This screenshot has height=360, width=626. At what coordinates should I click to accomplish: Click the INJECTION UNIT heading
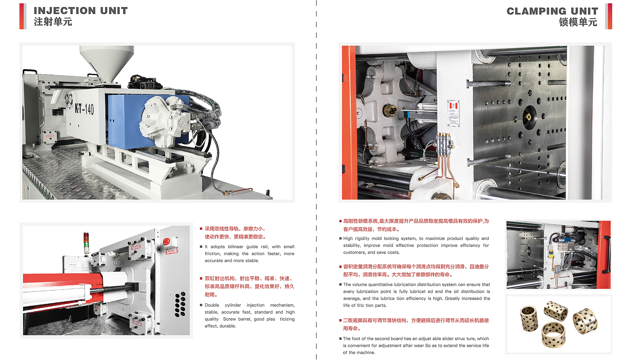(x=81, y=11)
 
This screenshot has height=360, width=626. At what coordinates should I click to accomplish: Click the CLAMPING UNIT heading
(x=552, y=11)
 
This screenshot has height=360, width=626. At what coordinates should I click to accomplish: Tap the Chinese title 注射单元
(x=53, y=22)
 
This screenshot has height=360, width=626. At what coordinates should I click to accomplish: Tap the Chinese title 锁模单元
(x=578, y=22)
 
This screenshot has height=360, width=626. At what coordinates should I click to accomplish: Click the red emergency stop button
(x=167, y=241)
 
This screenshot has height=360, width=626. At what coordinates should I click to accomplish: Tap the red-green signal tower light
(x=86, y=242)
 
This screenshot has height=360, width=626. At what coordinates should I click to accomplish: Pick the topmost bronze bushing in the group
(x=555, y=310)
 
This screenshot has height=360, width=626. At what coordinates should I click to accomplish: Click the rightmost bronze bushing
(x=585, y=321)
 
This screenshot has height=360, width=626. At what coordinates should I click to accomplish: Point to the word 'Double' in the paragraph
(x=212, y=305)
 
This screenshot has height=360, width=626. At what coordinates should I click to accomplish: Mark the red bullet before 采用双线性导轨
(x=201, y=228)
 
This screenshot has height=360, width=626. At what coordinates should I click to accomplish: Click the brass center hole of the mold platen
(x=528, y=117)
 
